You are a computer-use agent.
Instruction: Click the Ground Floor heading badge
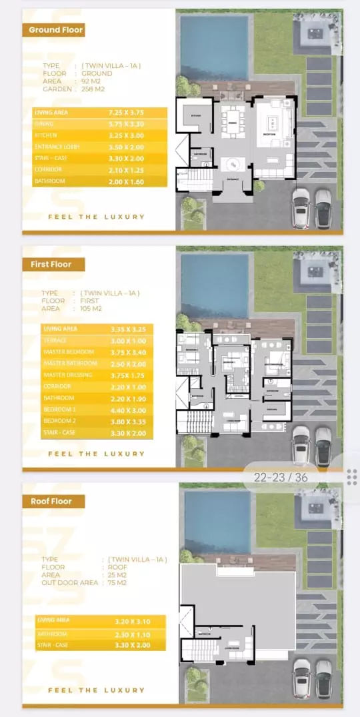[53, 30]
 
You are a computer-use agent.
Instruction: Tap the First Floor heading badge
[53, 264]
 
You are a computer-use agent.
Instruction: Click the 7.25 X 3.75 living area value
[125, 113]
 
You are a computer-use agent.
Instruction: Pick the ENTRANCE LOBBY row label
[57, 147]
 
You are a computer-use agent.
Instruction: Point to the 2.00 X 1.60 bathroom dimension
[125, 181]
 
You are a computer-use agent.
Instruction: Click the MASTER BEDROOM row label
[69, 351]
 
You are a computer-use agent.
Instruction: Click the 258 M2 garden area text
[93, 89]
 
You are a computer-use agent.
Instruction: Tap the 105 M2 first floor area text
[91, 309]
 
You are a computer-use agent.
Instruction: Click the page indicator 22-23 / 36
[281, 477]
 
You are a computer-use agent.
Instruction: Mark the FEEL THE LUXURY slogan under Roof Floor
[96, 690]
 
